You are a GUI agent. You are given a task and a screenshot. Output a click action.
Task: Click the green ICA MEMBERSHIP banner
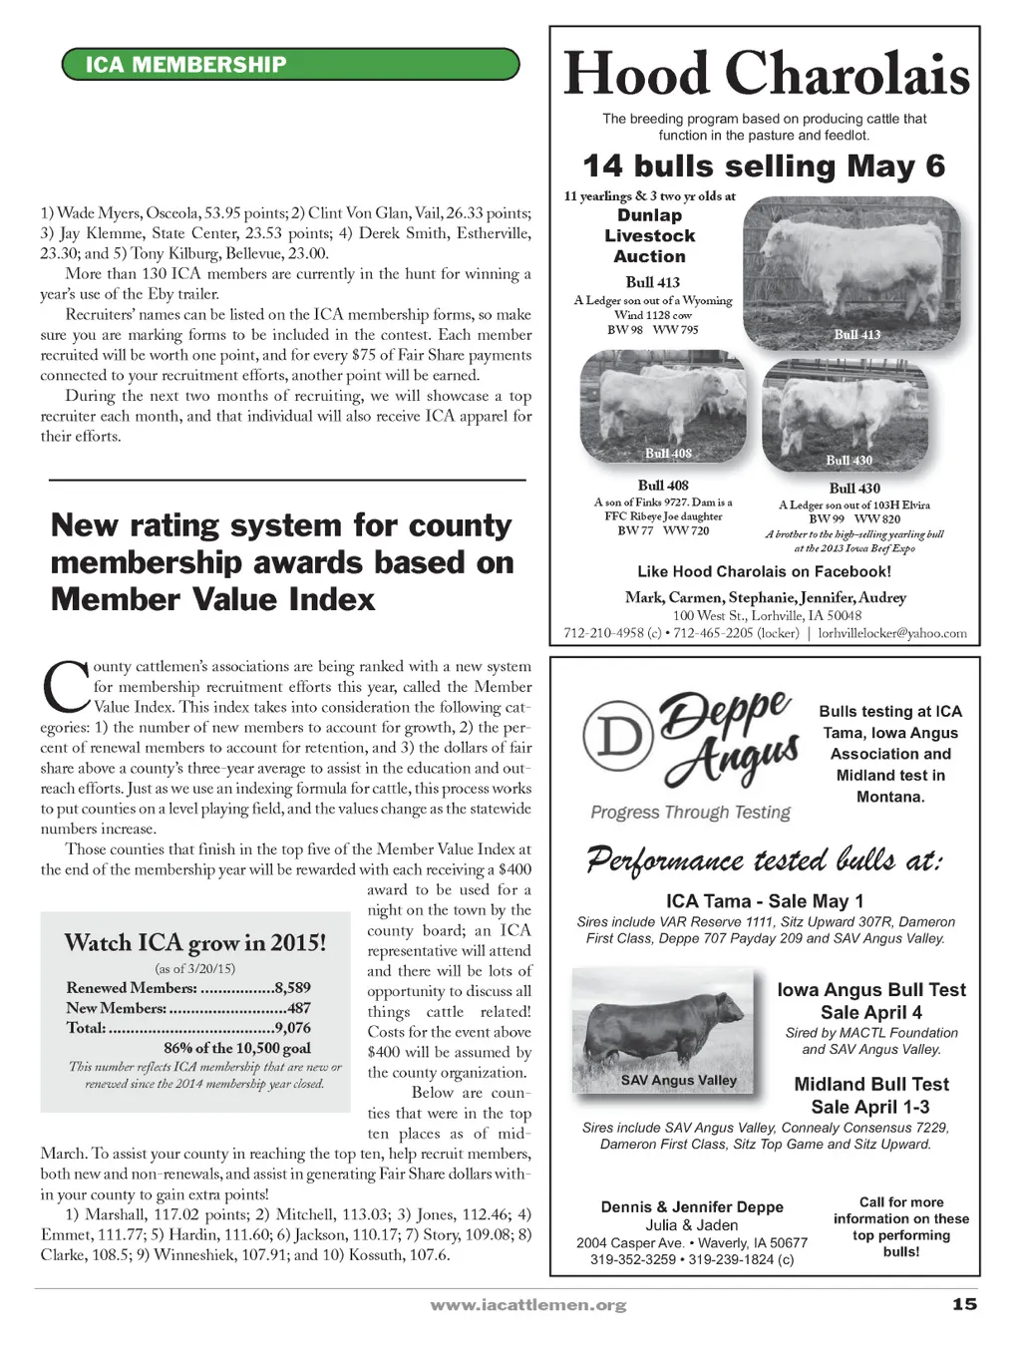click(290, 66)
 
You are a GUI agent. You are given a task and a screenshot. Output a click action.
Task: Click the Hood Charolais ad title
click(766, 75)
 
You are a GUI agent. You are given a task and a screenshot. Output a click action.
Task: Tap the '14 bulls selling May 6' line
click(764, 166)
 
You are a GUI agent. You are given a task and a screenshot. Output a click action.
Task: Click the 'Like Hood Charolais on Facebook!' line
click(764, 571)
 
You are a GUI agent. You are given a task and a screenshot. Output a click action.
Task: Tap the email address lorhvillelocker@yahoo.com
click(892, 633)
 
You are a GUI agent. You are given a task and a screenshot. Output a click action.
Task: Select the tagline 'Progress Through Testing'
click(690, 813)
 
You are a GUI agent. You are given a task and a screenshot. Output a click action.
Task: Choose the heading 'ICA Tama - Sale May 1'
click(765, 901)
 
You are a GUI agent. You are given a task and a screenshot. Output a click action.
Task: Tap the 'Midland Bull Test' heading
click(870, 1085)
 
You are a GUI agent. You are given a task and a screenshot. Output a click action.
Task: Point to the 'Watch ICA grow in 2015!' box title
click(195, 942)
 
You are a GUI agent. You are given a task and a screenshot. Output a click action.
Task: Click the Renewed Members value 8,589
click(293, 988)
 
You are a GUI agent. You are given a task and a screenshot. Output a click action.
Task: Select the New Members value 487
click(298, 1008)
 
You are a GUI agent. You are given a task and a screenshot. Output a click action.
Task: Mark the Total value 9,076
click(293, 1028)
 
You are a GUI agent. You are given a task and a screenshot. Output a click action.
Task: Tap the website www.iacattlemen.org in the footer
click(527, 1305)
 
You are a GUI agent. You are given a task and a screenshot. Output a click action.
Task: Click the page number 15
click(963, 1304)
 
